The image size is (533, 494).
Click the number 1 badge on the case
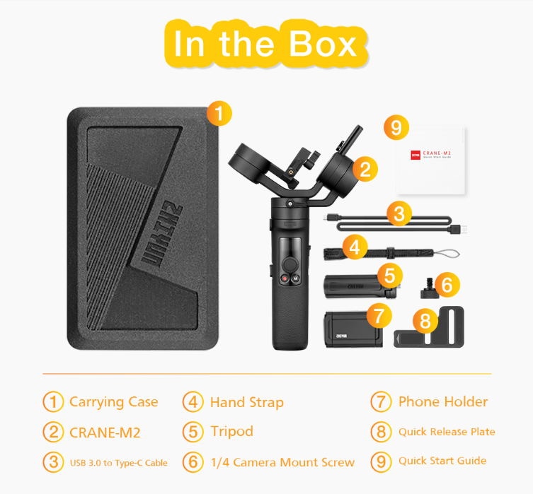click(219, 113)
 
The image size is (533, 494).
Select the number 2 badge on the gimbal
click(365, 169)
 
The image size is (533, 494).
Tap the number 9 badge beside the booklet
click(396, 127)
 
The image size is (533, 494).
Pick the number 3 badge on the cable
click(399, 213)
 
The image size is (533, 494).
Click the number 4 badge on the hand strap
click(356, 247)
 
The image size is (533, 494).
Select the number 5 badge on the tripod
click(389, 275)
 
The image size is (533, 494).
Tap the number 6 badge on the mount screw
click(446, 285)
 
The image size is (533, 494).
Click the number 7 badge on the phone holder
click(379, 313)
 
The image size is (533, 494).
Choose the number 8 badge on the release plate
click(425, 322)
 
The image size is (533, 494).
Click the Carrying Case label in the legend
click(113, 402)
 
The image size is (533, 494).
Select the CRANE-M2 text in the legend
click(104, 432)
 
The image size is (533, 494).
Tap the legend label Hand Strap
click(246, 403)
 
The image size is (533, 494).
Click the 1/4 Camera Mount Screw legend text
click(282, 462)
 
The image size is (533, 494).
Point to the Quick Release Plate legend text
click(446, 432)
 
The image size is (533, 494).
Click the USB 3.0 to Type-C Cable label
click(118, 463)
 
